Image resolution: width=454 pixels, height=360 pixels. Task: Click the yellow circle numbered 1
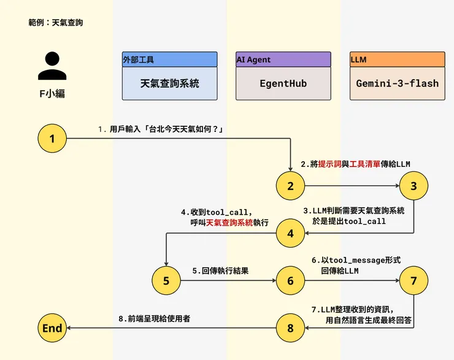coord(52,139)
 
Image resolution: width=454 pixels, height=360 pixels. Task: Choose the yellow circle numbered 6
coord(291,280)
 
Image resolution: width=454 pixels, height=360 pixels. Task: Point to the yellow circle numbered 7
coord(414,280)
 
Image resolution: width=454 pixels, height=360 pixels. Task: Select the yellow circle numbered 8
coord(291,328)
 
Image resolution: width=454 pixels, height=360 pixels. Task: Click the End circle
coord(52,328)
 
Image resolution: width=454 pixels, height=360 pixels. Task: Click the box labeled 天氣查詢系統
coord(170,83)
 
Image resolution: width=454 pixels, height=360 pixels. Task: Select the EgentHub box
coord(283,83)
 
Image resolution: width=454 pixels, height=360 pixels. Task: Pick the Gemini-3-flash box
coord(397,83)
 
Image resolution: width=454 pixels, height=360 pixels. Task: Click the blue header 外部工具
coord(170,59)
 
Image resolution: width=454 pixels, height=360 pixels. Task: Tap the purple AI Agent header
coord(283,59)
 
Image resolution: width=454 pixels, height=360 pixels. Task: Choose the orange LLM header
coord(397,59)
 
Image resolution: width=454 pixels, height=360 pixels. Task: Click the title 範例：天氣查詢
coord(55,23)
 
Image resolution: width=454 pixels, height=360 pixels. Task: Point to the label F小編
coord(52,94)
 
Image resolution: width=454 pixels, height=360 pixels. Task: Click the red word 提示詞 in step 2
coord(330,164)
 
